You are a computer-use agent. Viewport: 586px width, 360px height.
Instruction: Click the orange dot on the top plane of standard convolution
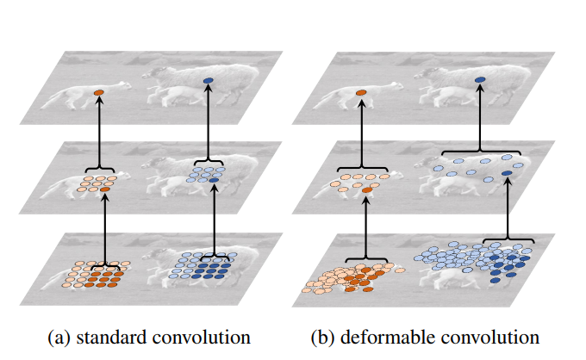tap(98, 91)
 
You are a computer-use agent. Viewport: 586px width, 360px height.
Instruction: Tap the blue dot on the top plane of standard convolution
tap(208, 83)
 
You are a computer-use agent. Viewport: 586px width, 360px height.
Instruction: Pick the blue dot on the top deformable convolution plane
tap(479, 81)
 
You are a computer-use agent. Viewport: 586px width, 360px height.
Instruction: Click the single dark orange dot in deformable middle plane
tap(368, 189)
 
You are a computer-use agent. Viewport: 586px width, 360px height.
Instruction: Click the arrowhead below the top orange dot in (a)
tap(98, 101)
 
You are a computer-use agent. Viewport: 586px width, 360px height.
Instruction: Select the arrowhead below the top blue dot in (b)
tap(479, 91)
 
